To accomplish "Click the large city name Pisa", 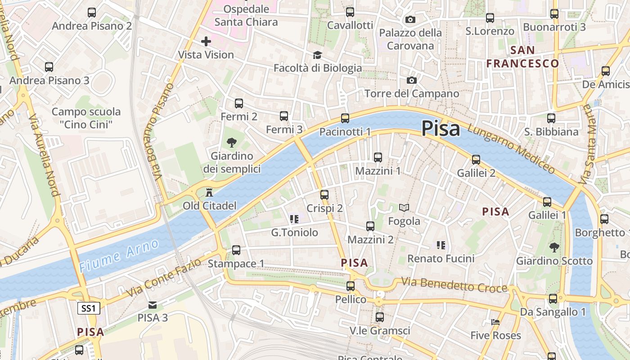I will (441, 129).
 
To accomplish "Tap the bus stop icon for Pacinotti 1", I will (345, 118).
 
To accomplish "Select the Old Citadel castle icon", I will (209, 193).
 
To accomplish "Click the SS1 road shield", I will (89, 308).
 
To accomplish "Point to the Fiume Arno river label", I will (119, 256).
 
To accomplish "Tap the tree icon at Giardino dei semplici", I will (232, 143).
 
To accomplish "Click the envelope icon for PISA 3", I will (153, 305).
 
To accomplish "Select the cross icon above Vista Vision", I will (206, 42).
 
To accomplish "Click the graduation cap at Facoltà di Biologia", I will (318, 55).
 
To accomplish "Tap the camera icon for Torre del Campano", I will (411, 81).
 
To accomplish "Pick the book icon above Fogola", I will (404, 207).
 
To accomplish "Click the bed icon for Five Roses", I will (495, 322).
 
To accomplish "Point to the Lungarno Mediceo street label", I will (511, 148).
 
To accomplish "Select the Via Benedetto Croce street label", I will (454, 285).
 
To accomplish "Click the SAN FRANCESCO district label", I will (522, 57).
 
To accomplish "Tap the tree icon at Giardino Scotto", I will (554, 247).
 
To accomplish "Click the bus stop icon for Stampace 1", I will (236, 250).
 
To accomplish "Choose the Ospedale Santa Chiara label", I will (246, 15).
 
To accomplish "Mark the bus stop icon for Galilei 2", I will (476, 160).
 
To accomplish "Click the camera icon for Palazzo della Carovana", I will (410, 19).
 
